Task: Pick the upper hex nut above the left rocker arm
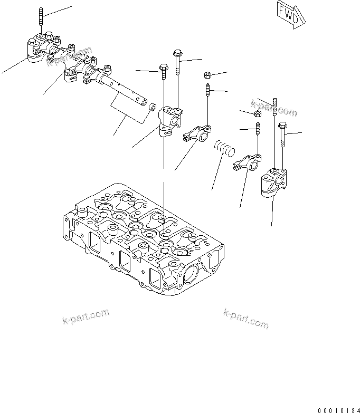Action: [x=208, y=75]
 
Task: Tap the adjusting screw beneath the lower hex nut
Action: [x=258, y=129]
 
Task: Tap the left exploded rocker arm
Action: [x=197, y=132]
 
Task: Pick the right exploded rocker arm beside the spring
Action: [x=247, y=161]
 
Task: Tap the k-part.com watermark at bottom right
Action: [x=245, y=318]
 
